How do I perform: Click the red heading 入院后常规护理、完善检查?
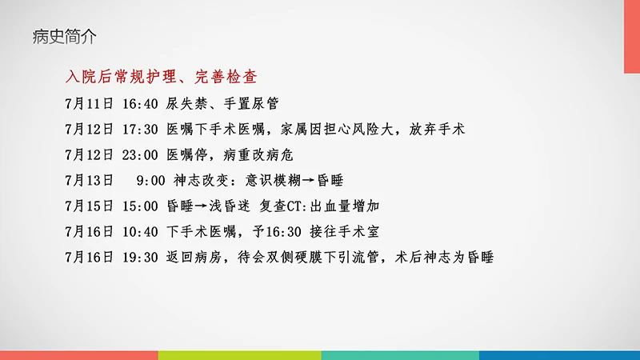(x=166, y=78)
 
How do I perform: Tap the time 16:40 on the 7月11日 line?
(x=141, y=104)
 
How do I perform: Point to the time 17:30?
(x=141, y=129)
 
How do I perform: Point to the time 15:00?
(x=141, y=206)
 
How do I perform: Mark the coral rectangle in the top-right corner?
(x=632, y=36)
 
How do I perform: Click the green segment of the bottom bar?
(x=239, y=354)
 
